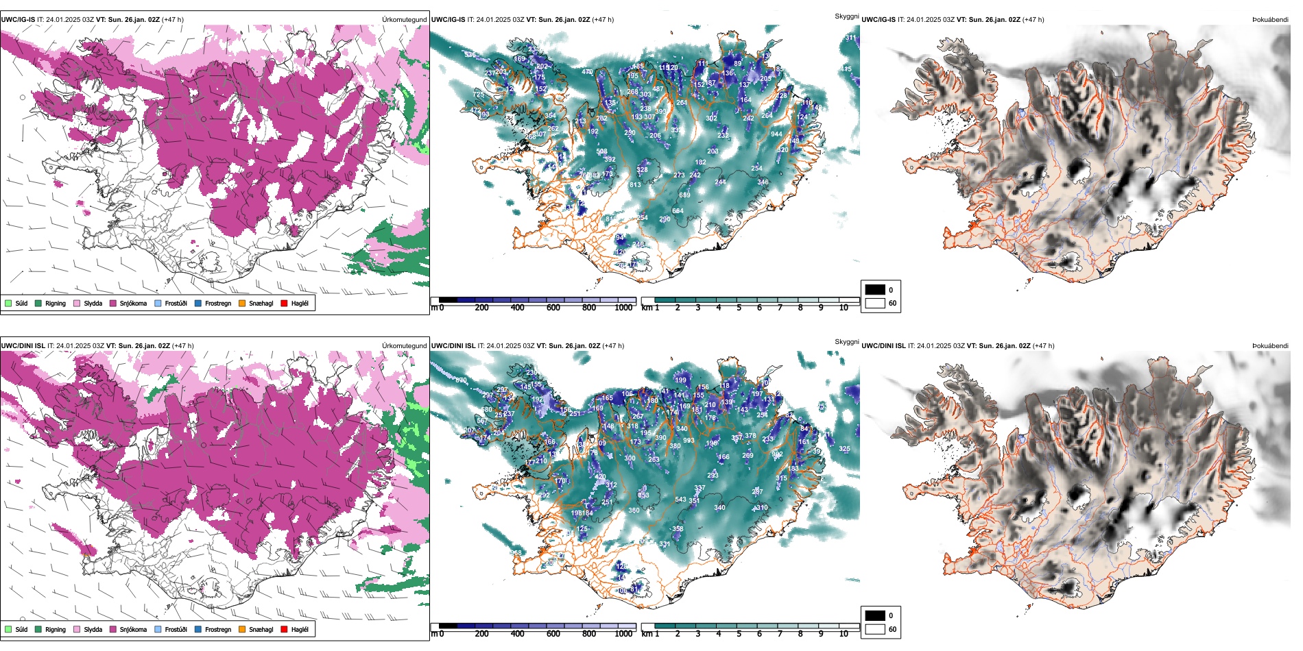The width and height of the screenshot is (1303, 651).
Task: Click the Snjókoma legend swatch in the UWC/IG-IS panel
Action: [113, 303]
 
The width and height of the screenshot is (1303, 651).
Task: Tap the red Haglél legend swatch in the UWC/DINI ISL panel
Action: [284, 629]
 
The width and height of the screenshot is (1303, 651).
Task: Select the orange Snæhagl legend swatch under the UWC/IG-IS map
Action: [242, 303]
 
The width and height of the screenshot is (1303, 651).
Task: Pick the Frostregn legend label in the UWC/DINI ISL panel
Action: [217, 629]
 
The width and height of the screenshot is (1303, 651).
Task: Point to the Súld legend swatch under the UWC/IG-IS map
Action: [8, 303]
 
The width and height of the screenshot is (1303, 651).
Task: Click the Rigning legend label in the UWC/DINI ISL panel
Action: [56, 629]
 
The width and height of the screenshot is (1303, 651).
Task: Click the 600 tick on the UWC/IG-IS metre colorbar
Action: [553, 308]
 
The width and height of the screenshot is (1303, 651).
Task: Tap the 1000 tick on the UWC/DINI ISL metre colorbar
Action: [623, 634]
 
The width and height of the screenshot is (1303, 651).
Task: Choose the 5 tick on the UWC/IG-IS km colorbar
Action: [739, 308]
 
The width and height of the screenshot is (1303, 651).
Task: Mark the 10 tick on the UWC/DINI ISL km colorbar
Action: [844, 634]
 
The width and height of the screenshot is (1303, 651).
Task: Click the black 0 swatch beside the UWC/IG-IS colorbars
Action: [875, 290]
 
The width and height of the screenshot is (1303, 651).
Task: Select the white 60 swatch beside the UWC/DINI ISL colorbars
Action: [875, 629]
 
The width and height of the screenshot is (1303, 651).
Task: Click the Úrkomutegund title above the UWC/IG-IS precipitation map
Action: [404, 20]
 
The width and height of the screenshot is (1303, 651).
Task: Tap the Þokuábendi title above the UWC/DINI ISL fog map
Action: [1270, 346]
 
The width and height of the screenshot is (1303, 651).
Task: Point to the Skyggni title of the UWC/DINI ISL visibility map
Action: [846, 341]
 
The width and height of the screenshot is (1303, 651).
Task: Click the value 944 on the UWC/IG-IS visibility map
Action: [776, 134]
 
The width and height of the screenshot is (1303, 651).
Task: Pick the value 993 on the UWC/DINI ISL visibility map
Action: [689, 441]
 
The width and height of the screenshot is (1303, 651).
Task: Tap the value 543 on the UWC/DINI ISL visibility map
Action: [680, 500]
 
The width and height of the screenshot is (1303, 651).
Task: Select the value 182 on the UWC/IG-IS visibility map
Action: [700, 162]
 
